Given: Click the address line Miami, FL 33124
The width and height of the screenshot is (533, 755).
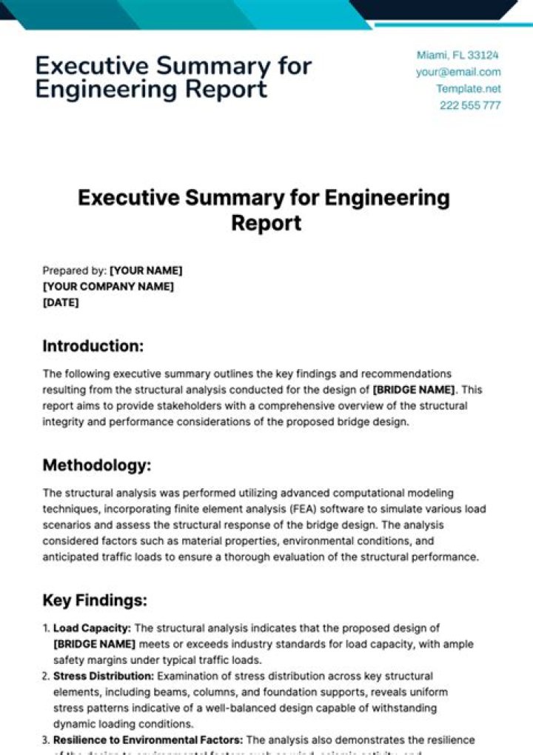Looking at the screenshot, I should [x=457, y=55].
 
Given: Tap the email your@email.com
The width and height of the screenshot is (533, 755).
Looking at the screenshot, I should [x=458, y=72].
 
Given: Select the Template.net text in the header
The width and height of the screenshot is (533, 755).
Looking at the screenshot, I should [x=468, y=88].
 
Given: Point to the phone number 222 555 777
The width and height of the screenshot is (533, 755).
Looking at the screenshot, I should [x=470, y=105].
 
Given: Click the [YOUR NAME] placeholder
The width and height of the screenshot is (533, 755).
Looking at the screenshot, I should [x=146, y=270].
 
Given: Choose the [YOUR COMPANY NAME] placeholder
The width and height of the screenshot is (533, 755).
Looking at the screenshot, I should [x=108, y=286].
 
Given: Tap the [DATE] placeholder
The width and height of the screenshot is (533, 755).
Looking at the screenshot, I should [x=61, y=302].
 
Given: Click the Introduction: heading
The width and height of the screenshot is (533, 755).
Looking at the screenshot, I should [x=93, y=346].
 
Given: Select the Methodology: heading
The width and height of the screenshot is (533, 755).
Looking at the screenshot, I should [x=97, y=465].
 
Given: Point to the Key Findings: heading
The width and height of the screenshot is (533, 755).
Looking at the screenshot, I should [x=95, y=599].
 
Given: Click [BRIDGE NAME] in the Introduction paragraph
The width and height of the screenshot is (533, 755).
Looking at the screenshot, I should [x=414, y=390].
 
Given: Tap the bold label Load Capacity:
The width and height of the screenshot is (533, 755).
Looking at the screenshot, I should [x=92, y=628].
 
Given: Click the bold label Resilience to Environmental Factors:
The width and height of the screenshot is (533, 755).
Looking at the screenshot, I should [x=148, y=739].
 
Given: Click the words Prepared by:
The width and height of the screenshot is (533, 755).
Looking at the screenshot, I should [x=75, y=270].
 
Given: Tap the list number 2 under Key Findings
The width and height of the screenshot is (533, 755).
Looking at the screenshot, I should [x=46, y=676].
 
